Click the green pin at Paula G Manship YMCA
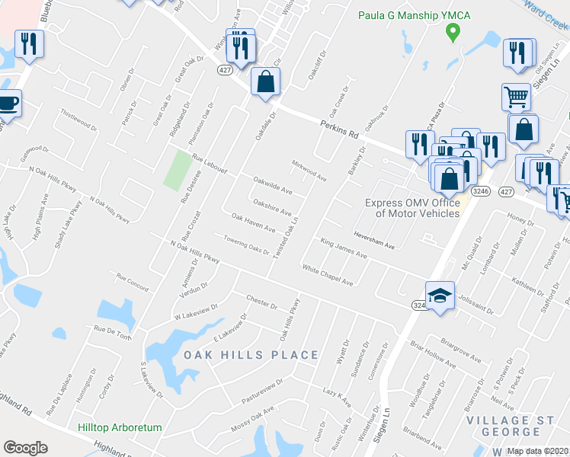pyautogui.click(x=452, y=32)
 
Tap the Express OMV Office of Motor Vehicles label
pyautogui.click(x=412, y=208)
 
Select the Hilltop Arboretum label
pyautogui.click(x=120, y=428)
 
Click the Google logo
pyautogui.click(x=25, y=448)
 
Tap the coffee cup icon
pyautogui.click(x=8, y=103)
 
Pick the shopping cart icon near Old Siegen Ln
pyautogui.click(x=517, y=97)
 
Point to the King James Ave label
pyautogui.click(x=344, y=249)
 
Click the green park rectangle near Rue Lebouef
pyautogui.click(x=178, y=170)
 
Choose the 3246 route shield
pyautogui.click(x=479, y=190)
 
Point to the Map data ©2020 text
pyautogui.click(x=538, y=451)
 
